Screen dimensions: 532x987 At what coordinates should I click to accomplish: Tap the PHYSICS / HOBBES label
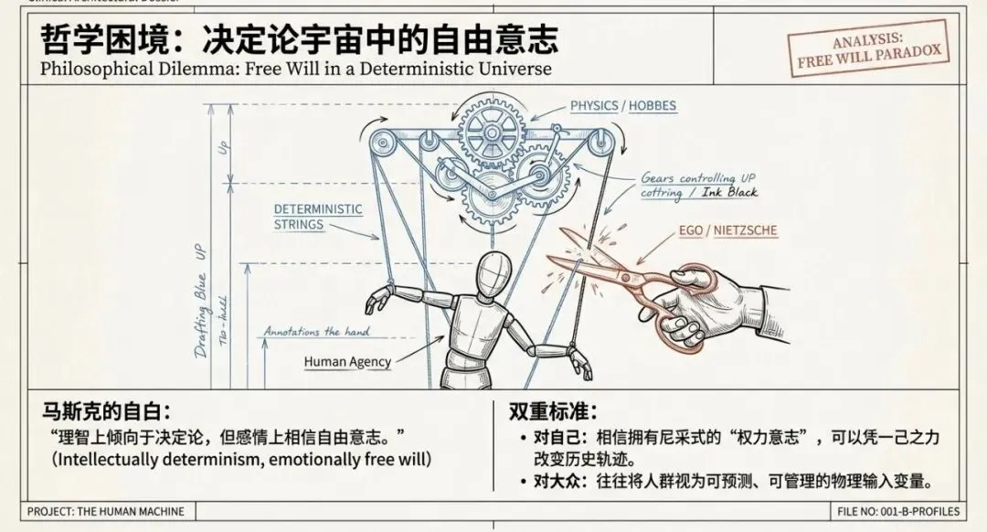(x=623, y=106)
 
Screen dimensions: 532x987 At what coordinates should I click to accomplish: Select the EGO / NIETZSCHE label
(x=728, y=230)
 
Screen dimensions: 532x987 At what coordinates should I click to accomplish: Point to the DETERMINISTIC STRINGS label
(x=318, y=217)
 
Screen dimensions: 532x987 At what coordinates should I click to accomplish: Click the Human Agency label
(x=347, y=362)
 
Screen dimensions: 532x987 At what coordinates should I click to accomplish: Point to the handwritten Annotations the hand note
(x=315, y=332)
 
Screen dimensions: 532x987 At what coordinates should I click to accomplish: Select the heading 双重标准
(x=553, y=412)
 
